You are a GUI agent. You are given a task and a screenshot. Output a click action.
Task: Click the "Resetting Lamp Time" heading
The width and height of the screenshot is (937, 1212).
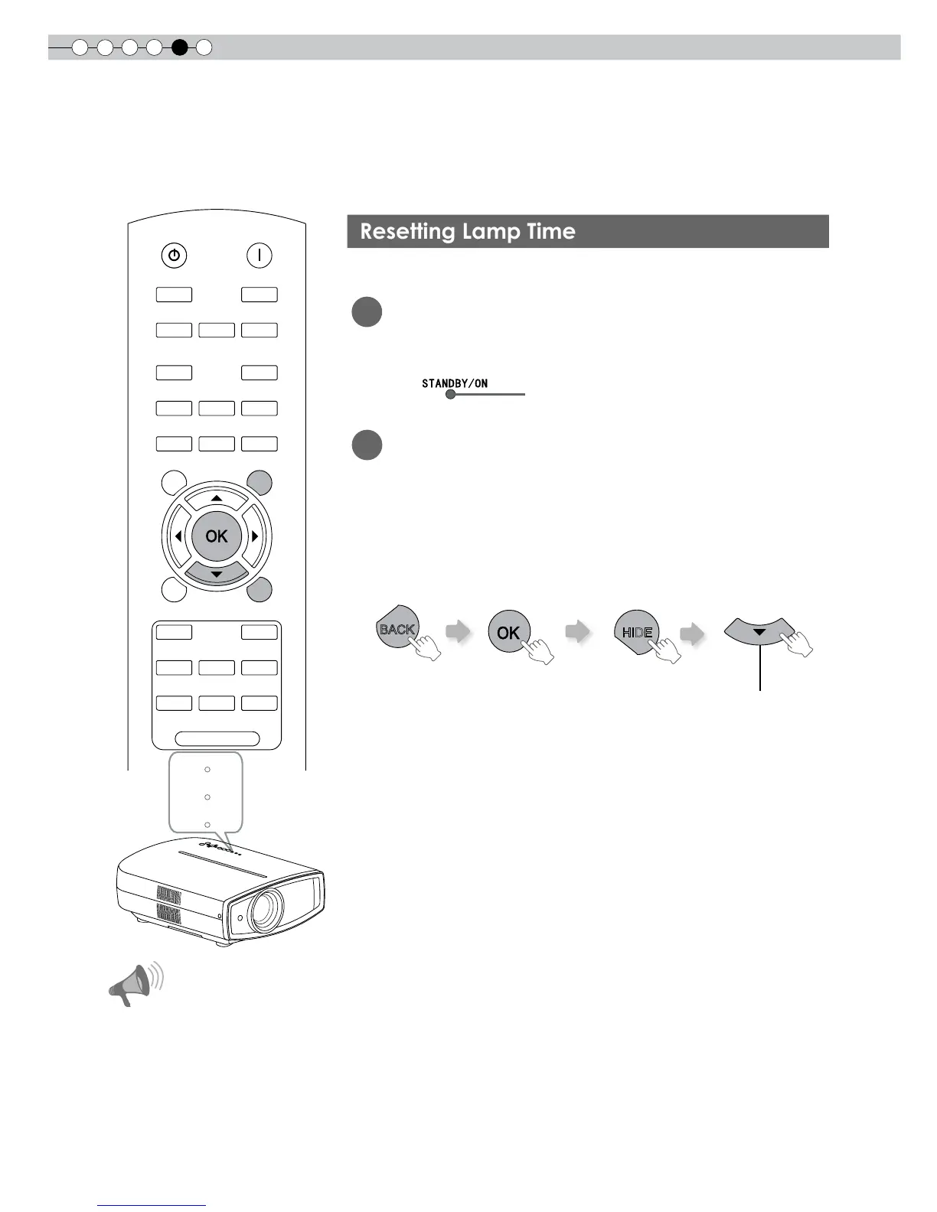click(x=468, y=232)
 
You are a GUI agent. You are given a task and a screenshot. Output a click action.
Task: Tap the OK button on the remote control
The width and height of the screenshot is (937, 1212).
click(x=217, y=536)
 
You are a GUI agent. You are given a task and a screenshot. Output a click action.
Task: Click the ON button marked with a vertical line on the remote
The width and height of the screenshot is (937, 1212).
click(x=260, y=256)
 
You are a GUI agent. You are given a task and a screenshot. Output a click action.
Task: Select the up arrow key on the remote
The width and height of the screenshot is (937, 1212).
click(x=217, y=499)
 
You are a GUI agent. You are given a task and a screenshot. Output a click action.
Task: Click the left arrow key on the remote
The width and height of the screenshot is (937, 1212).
click(x=178, y=536)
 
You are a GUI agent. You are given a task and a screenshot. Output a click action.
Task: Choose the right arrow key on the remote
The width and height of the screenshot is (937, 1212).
click(x=255, y=536)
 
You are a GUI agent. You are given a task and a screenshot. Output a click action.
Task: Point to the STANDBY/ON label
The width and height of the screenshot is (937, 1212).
click(x=454, y=383)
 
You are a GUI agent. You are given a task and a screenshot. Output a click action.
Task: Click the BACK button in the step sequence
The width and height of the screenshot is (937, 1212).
click(x=397, y=630)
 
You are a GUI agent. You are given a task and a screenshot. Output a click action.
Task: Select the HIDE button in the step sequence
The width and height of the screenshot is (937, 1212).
click(x=636, y=632)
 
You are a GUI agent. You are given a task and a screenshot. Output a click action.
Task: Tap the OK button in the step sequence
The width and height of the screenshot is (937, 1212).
click(x=508, y=632)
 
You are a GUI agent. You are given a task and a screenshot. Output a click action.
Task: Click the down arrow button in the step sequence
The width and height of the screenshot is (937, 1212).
click(x=759, y=632)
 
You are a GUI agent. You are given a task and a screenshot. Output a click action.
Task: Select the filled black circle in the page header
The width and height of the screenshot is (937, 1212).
click(x=179, y=47)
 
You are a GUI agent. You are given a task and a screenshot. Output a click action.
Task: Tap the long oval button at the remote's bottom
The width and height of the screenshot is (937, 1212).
click(x=217, y=739)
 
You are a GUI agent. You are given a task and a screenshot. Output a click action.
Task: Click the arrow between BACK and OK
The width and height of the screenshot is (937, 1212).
click(x=459, y=632)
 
